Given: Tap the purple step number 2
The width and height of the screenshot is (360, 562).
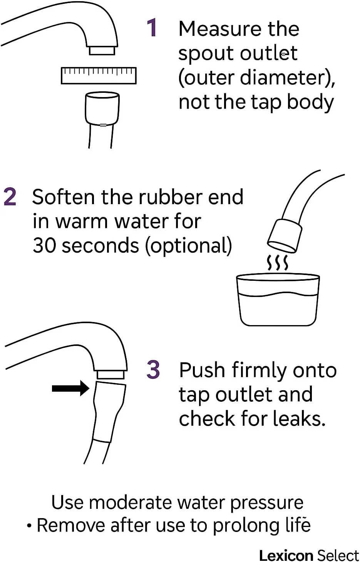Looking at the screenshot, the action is coord(10,197).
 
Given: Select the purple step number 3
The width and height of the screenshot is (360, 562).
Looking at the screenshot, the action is coord(153,369).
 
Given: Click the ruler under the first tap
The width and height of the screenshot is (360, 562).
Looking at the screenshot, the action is coord(99,75).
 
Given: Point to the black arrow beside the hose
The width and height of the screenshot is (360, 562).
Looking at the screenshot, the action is coord(71,388).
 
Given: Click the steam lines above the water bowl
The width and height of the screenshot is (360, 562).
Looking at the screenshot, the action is coord(278,263).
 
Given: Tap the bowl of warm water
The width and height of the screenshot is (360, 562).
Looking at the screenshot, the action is coord(278,300).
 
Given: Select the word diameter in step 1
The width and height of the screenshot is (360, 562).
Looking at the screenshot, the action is coord(284,78).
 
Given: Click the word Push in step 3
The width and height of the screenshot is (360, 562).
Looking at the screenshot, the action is coord(202,370).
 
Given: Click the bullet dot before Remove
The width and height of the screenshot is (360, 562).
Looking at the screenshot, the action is coord(30,525).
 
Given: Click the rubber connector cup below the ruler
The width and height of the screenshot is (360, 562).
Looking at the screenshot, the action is coord(102,108).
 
